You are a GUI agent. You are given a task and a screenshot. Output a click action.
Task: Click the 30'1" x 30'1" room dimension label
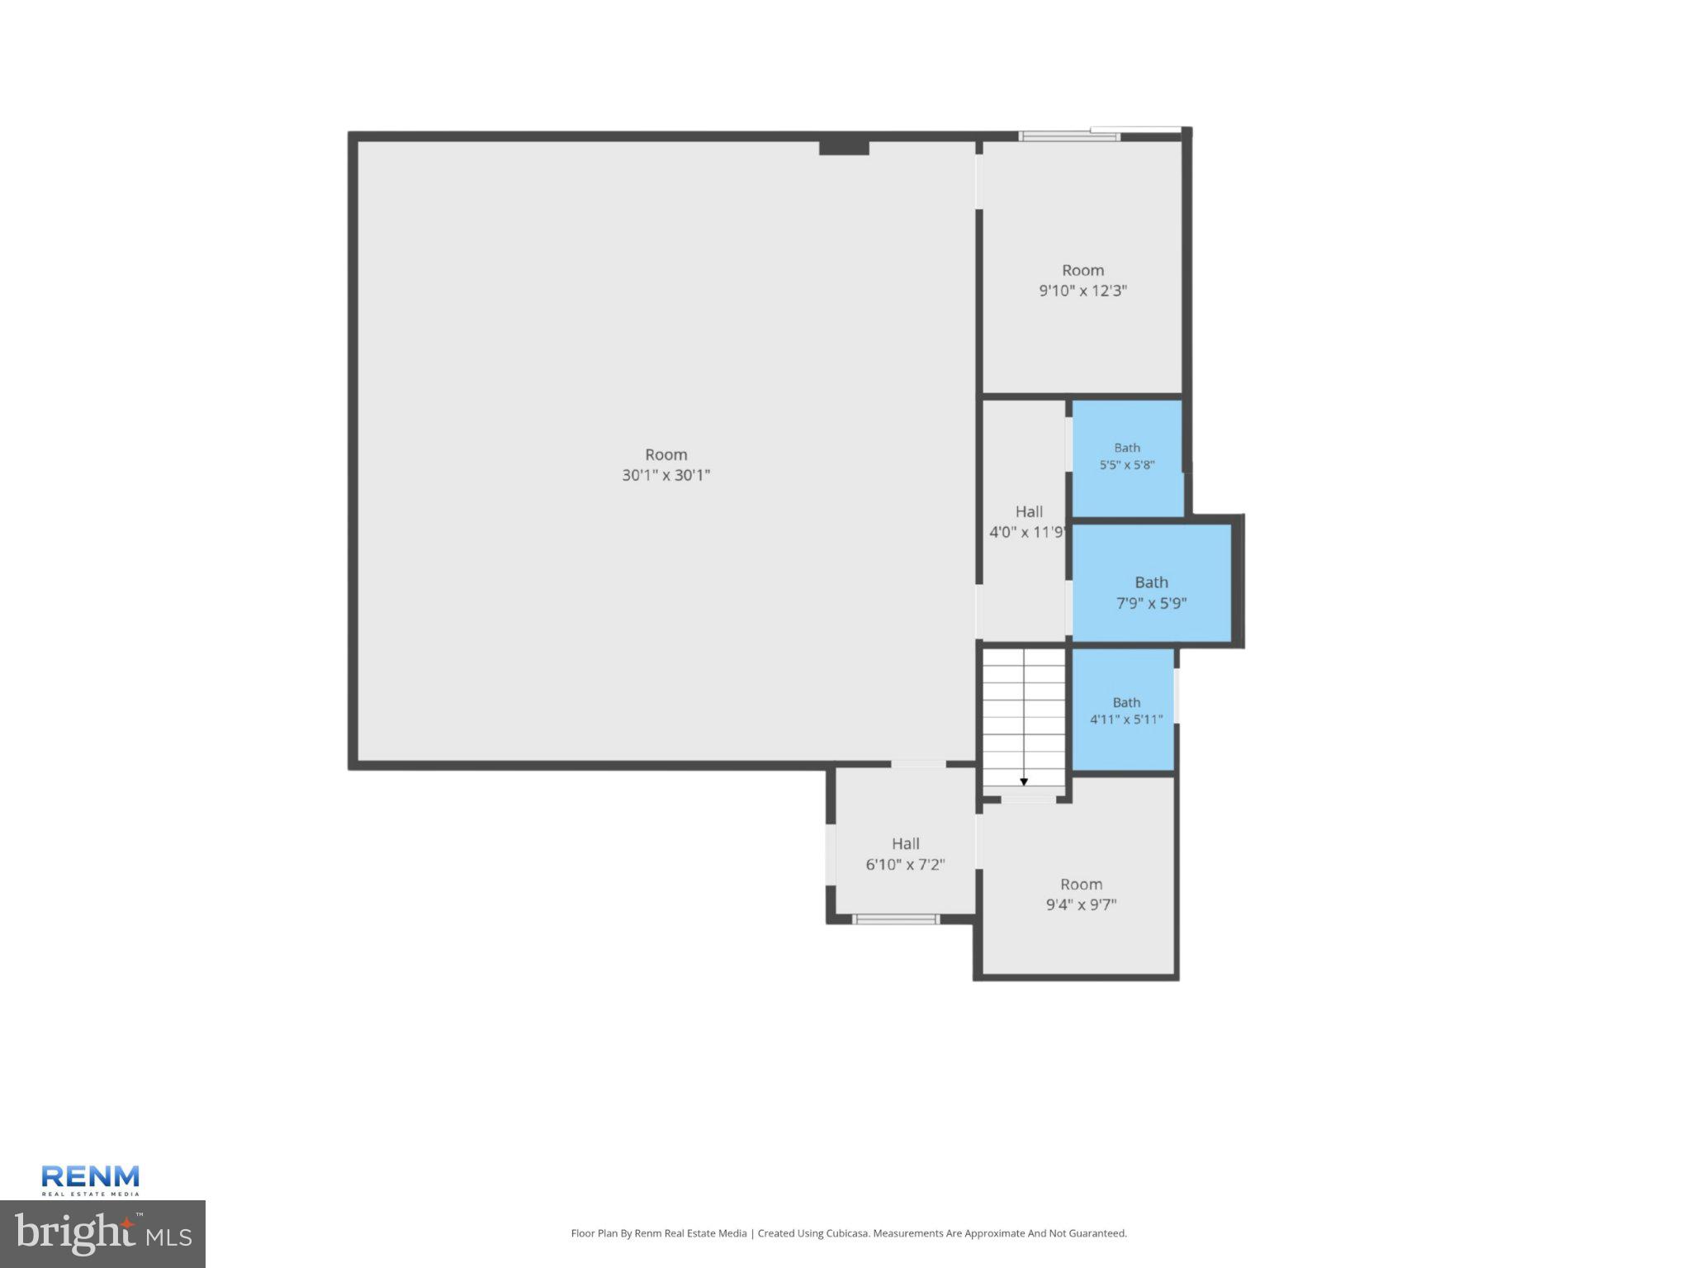[666, 475]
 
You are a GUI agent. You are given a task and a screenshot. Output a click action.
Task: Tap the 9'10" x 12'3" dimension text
[1082, 291]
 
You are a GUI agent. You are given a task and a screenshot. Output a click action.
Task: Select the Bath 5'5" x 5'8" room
[1127, 458]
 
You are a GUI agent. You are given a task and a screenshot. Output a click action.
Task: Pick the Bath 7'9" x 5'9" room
[1152, 582]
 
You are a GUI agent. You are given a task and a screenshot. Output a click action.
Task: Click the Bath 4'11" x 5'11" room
[1123, 710]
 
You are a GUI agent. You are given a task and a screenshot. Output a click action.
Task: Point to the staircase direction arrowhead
[1024, 781]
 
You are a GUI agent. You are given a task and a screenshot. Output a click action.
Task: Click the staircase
[1024, 718]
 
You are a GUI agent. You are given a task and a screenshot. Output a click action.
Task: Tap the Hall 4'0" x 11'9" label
[1028, 522]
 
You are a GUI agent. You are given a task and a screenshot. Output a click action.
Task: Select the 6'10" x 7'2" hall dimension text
[905, 865]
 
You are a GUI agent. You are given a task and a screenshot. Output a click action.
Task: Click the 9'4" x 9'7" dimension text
[1081, 905]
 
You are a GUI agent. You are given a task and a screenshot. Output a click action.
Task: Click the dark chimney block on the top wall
[844, 147]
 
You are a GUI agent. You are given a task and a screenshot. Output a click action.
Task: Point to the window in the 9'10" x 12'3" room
[1069, 136]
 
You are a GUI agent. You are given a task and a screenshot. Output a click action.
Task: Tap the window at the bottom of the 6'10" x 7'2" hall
[896, 919]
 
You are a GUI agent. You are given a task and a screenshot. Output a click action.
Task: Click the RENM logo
[90, 1180]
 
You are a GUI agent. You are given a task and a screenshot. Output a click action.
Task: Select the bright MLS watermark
[102, 1234]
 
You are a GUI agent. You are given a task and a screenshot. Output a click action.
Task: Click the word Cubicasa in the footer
[847, 1233]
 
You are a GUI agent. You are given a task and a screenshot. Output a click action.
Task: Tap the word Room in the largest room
[666, 454]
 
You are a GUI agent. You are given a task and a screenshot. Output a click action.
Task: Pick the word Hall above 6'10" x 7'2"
[905, 843]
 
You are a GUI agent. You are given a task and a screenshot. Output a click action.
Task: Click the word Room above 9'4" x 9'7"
[1081, 884]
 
